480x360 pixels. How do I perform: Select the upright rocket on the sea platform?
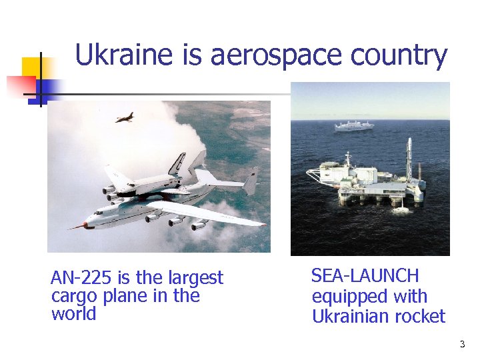point(407,160)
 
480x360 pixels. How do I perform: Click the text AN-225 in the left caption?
point(80,278)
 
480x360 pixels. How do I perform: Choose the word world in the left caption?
point(73,314)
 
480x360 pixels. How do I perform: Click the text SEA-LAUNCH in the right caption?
point(365,276)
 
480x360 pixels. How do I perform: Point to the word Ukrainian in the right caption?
point(351,316)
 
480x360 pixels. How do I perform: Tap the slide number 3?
point(462,345)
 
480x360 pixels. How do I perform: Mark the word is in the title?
point(193,55)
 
